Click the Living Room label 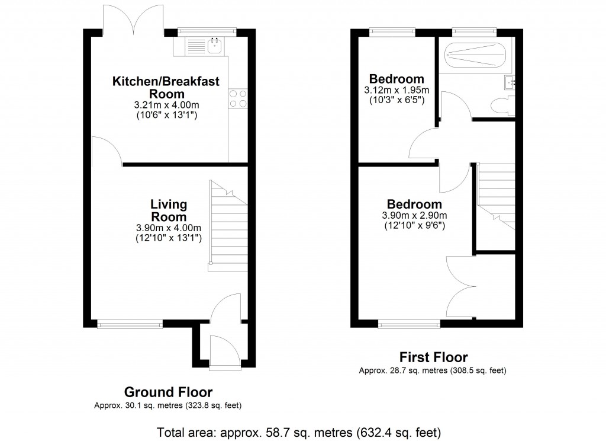169,210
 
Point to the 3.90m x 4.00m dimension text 169,228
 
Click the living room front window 130,324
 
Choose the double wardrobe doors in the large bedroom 462,287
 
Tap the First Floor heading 433,357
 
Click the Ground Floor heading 168,392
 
